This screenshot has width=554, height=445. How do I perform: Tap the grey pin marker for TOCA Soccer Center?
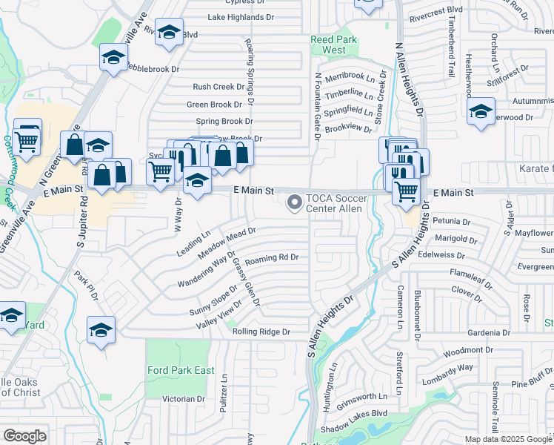point(295,202)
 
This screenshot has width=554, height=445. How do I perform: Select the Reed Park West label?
point(333,44)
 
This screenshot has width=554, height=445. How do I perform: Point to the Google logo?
point(24,436)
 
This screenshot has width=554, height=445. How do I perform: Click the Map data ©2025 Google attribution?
point(508,439)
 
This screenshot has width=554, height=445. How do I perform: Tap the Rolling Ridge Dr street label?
point(260,332)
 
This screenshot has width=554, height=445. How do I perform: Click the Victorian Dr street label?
point(183,399)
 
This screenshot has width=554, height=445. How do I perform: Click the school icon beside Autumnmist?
point(481,111)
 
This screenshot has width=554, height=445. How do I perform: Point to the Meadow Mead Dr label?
point(227,242)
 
